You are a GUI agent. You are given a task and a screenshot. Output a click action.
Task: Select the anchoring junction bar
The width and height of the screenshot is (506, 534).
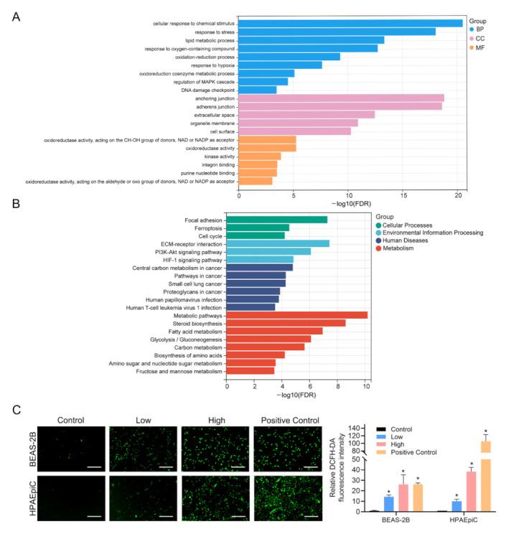pos(341,98)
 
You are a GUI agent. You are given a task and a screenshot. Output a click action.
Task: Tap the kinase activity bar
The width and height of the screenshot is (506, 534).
pos(259,156)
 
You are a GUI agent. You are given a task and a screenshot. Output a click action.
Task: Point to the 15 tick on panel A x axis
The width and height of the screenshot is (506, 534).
pos(404,193)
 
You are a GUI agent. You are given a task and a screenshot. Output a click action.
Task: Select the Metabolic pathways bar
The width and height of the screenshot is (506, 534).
pos(297,315)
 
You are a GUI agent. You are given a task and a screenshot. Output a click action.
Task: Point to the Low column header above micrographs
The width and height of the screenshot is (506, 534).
pos(144,420)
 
